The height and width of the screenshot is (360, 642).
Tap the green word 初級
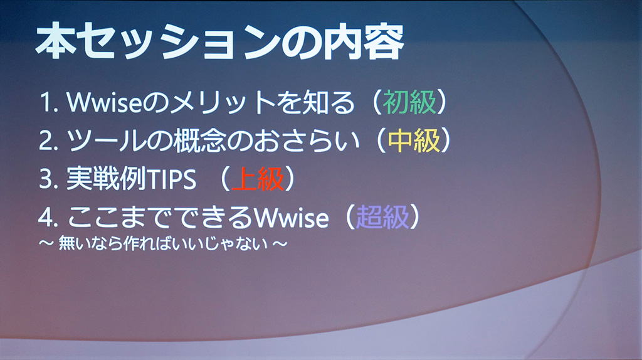[409, 102]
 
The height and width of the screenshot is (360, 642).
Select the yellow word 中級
[414, 140]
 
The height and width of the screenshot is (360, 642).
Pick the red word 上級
[258, 179]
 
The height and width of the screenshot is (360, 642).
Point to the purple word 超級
[382, 216]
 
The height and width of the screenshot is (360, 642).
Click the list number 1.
[48, 102]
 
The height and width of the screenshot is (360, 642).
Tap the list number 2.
[48, 140]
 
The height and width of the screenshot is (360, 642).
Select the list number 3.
[48, 179]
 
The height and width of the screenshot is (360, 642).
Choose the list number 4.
[48, 218]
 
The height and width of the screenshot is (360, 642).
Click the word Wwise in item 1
[104, 102]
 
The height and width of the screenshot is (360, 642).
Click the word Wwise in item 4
[291, 217]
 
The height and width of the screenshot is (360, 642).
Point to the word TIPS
[172, 179]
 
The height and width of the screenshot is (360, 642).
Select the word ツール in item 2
[106, 140]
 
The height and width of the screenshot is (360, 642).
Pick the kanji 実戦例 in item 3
[106, 179]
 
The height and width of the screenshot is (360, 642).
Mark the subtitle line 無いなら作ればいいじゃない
[163, 243]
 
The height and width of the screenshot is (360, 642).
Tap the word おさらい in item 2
[306, 140]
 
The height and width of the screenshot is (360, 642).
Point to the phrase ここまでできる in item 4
[160, 217]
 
